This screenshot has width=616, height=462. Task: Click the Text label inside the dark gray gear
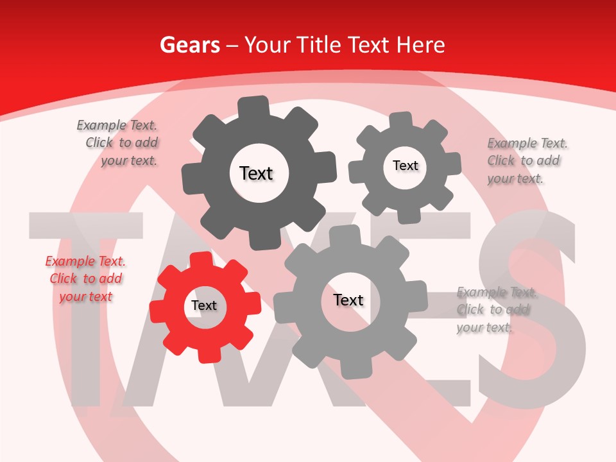pyautogui.click(x=256, y=173)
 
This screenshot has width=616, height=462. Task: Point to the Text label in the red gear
pyautogui.click(x=204, y=306)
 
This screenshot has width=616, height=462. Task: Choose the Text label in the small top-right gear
pyautogui.click(x=405, y=166)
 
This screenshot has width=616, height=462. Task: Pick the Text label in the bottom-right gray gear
pyautogui.click(x=348, y=300)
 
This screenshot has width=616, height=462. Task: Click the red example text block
pyautogui.click(x=85, y=279)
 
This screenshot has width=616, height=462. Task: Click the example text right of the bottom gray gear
pyautogui.click(x=497, y=310)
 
